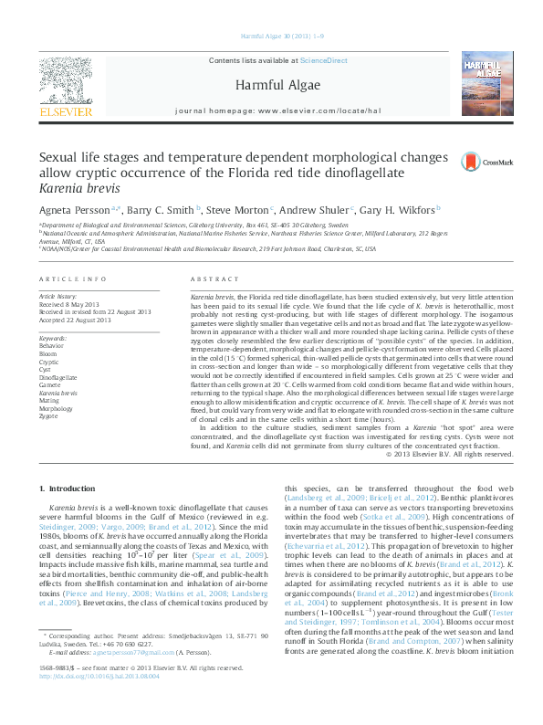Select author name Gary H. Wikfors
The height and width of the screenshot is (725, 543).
(x=397, y=209)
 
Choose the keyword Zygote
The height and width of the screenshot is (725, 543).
(x=47, y=415)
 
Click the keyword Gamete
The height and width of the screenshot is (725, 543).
(x=49, y=384)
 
